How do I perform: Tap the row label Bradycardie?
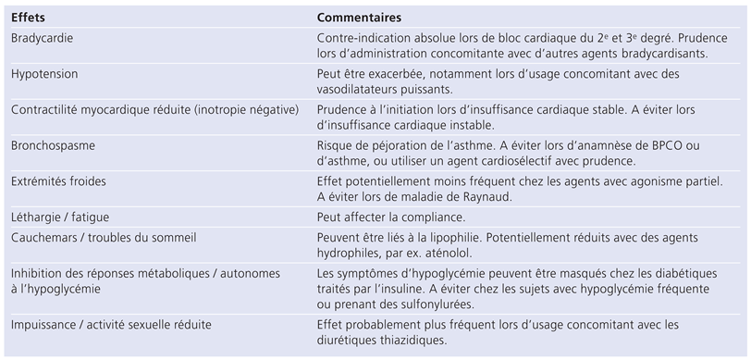tap(43, 37)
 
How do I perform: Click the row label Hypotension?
tap(44, 73)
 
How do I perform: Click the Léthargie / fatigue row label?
tap(59, 217)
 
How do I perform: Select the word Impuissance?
tap(43, 325)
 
